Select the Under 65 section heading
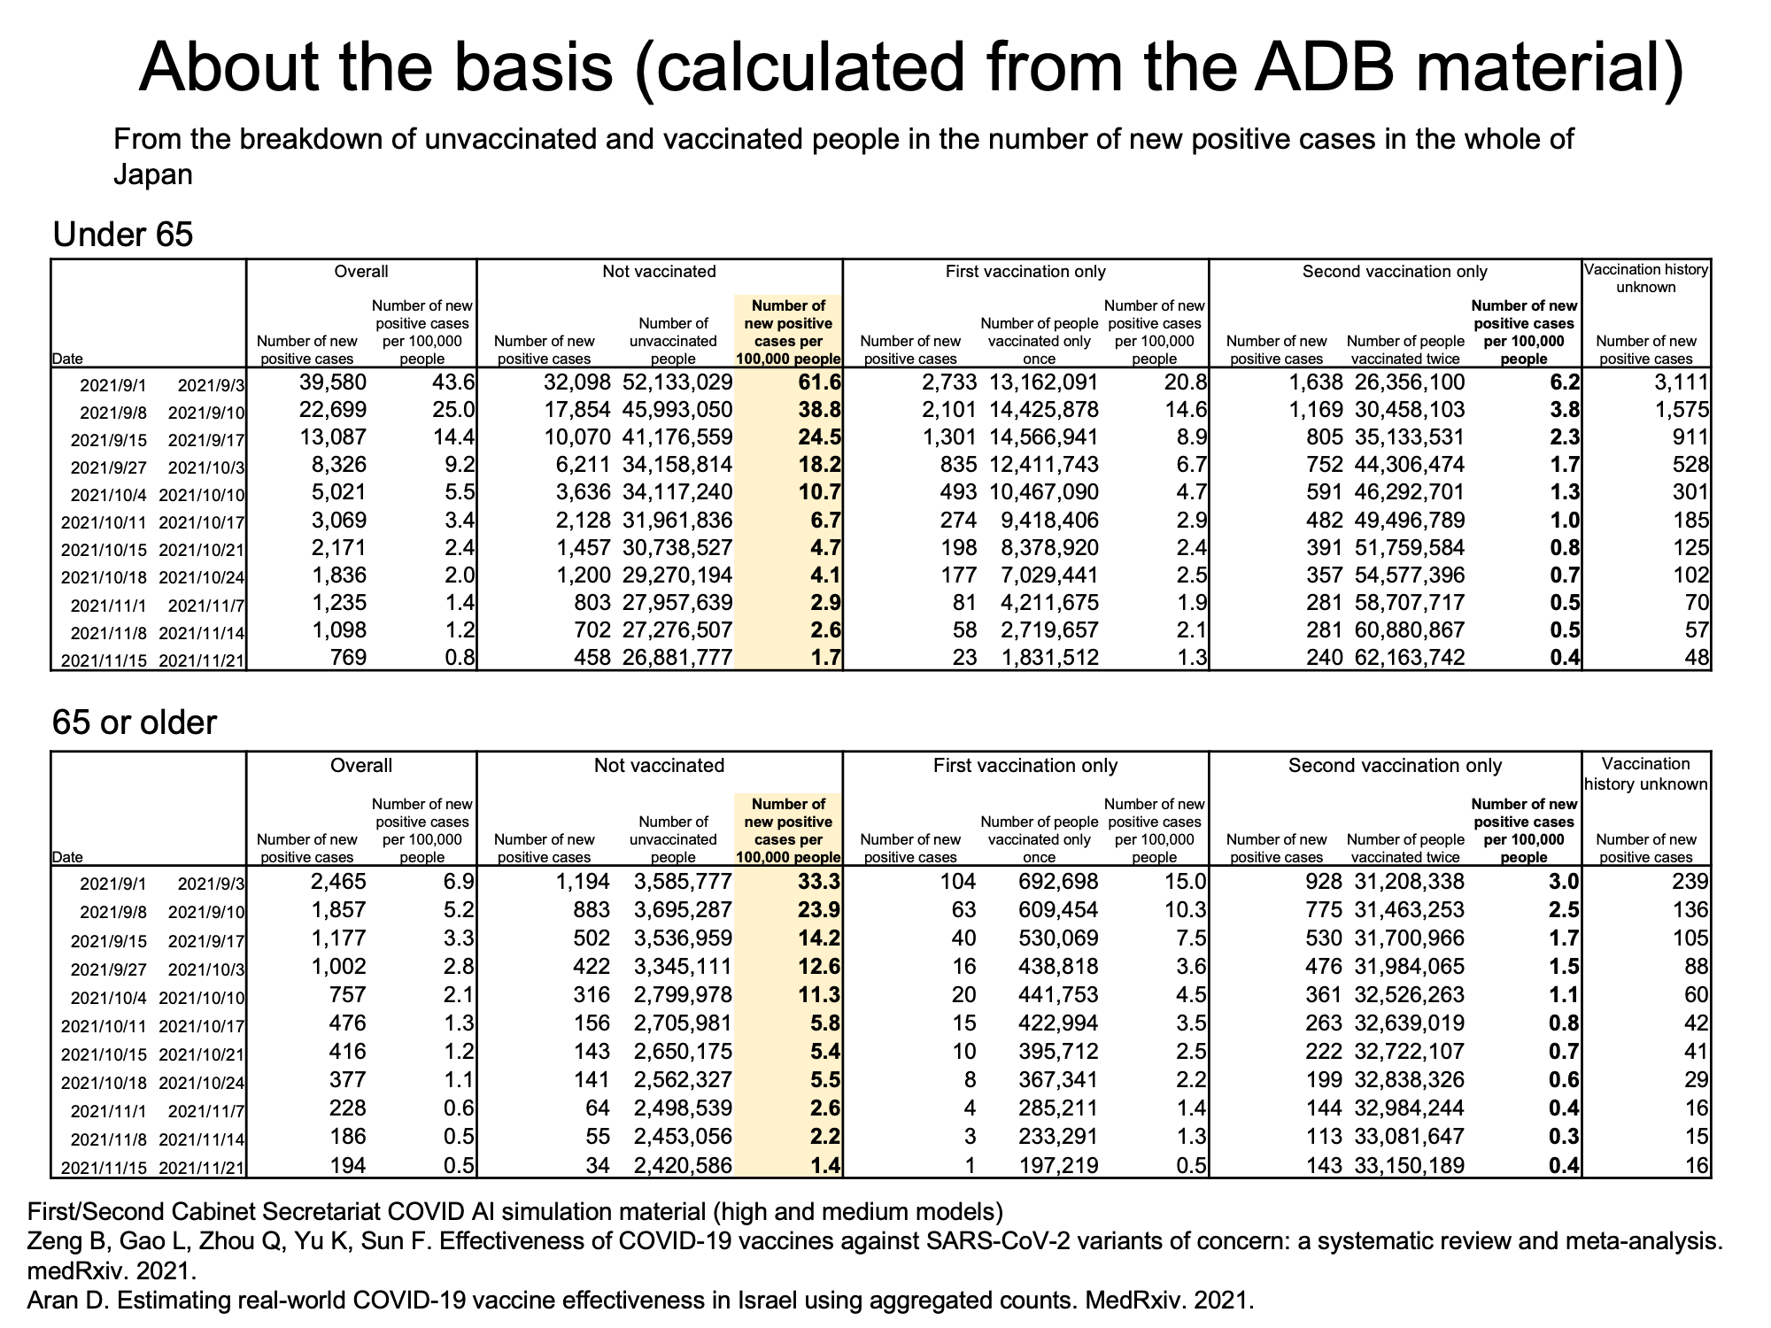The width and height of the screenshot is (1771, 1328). [123, 235]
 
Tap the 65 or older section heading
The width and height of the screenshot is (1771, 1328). [135, 723]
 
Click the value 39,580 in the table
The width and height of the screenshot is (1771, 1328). [327, 382]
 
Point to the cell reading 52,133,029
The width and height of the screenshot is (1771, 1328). [677, 382]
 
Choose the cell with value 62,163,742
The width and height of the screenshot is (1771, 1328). [1410, 658]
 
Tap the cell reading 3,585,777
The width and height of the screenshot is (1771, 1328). [684, 882]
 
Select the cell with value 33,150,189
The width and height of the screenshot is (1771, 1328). [1410, 1165]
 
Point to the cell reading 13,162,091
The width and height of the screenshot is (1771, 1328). [1043, 382]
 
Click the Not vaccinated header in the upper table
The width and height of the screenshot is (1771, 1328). [659, 272]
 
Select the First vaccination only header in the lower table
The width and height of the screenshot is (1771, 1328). [1025, 766]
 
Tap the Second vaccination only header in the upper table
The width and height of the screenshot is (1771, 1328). [1395, 272]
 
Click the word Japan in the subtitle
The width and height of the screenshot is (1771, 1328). [153, 175]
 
